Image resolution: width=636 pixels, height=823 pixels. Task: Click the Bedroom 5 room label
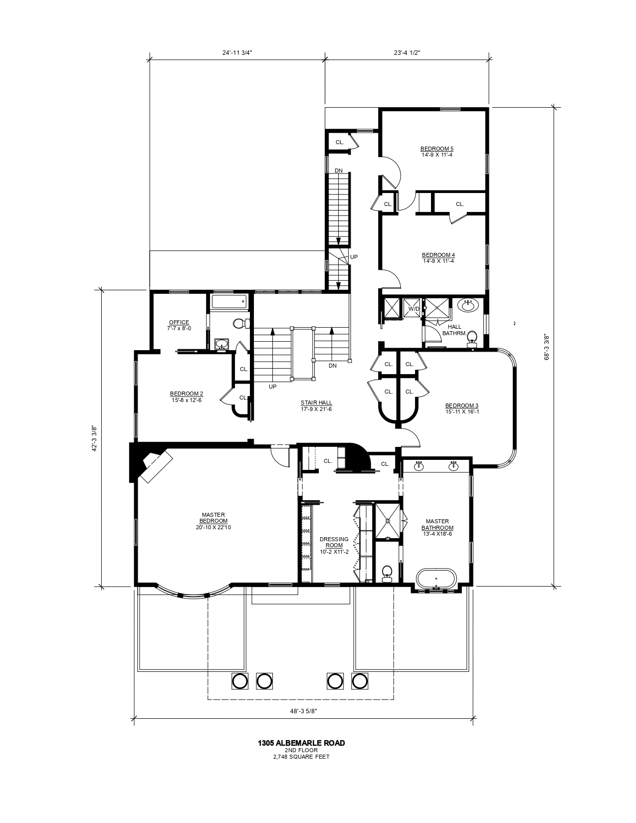pyautogui.click(x=436, y=152)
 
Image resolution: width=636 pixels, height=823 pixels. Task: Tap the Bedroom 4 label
pyautogui.click(x=438, y=258)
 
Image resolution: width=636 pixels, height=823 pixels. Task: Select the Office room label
pyautogui.click(x=179, y=325)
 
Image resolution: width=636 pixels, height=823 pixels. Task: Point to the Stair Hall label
pyautogui.click(x=316, y=406)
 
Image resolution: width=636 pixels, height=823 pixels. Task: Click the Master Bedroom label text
pyautogui.click(x=213, y=521)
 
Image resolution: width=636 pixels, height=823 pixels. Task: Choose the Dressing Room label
pyautogui.click(x=334, y=545)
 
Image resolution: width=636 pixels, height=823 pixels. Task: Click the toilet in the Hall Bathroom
pyautogui.click(x=471, y=339)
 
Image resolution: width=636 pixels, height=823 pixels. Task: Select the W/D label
pyautogui.click(x=414, y=309)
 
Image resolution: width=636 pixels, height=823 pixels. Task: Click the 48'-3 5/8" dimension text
pyautogui.click(x=304, y=712)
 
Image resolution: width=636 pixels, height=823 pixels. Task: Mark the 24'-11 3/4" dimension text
pyautogui.click(x=238, y=52)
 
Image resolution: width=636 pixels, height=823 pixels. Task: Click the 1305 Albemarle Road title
pyautogui.click(x=301, y=743)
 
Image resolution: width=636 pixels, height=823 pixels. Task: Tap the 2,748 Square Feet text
pyautogui.click(x=301, y=757)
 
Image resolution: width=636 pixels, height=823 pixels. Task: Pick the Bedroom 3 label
pyautogui.click(x=462, y=409)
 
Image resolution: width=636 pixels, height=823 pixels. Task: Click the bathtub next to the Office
pyautogui.click(x=229, y=302)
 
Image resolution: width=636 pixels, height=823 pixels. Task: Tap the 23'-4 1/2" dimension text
pyautogui.click(x=407, y=52)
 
